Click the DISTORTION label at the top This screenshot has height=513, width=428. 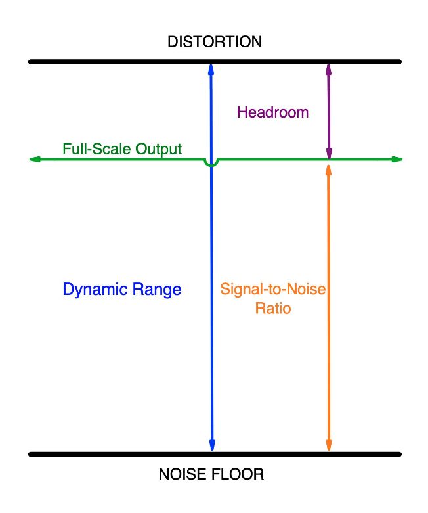click(214, 42)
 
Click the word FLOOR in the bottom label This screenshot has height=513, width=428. click(240, 474)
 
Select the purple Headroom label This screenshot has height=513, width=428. click(272, 112)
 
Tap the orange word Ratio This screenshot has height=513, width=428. click(273, 307)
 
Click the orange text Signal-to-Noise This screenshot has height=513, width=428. click(273, 289)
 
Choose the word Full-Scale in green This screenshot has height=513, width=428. click(96, 149)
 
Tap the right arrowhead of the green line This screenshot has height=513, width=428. click(396, 159)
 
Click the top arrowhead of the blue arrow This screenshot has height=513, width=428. click(211, 68)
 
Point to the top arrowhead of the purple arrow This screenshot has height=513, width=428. click(328, 68)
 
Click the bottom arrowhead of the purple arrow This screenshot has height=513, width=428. click(329, 154)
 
